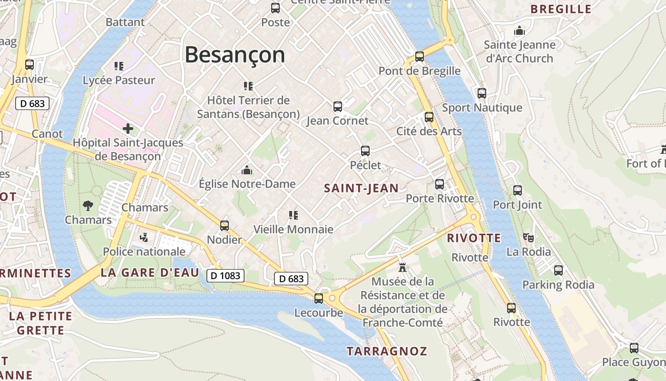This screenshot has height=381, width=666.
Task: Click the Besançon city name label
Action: click(x=235, y=54)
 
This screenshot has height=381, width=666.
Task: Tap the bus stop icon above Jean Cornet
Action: click(x=338, y=107)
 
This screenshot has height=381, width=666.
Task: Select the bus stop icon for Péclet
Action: click(x=365, y=151)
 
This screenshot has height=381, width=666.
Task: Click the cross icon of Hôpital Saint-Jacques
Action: click(x=127, y=129)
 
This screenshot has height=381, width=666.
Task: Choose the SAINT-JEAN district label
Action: click(x=361, y=188)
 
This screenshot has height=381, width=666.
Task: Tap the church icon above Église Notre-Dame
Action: click(x=247, y=170)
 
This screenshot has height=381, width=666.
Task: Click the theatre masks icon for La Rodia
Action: click(x=528, y=237)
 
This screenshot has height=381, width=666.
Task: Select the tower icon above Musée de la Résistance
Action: click(x=402, y=267)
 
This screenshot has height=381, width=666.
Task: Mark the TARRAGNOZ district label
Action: click(x=387, y=351)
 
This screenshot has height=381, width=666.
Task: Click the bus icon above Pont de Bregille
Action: click(x=419, y=57)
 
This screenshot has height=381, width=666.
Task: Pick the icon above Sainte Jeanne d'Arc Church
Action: click(x=519, y=31)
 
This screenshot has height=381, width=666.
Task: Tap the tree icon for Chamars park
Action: click(x=88, y=206)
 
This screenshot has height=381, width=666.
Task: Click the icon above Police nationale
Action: click(x=144, y=237)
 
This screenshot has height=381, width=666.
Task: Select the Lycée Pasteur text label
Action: click(x=119, y=80)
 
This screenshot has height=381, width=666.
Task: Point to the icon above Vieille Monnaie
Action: click(x=293, y=215)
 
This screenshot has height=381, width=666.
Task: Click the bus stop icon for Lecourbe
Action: click(x=319, y=299)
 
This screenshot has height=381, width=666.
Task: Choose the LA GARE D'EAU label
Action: click(x=150, y=272)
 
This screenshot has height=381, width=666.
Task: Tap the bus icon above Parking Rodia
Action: click(x=558, y=271)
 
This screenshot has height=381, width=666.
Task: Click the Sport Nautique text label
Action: click(x=482, y=108)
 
